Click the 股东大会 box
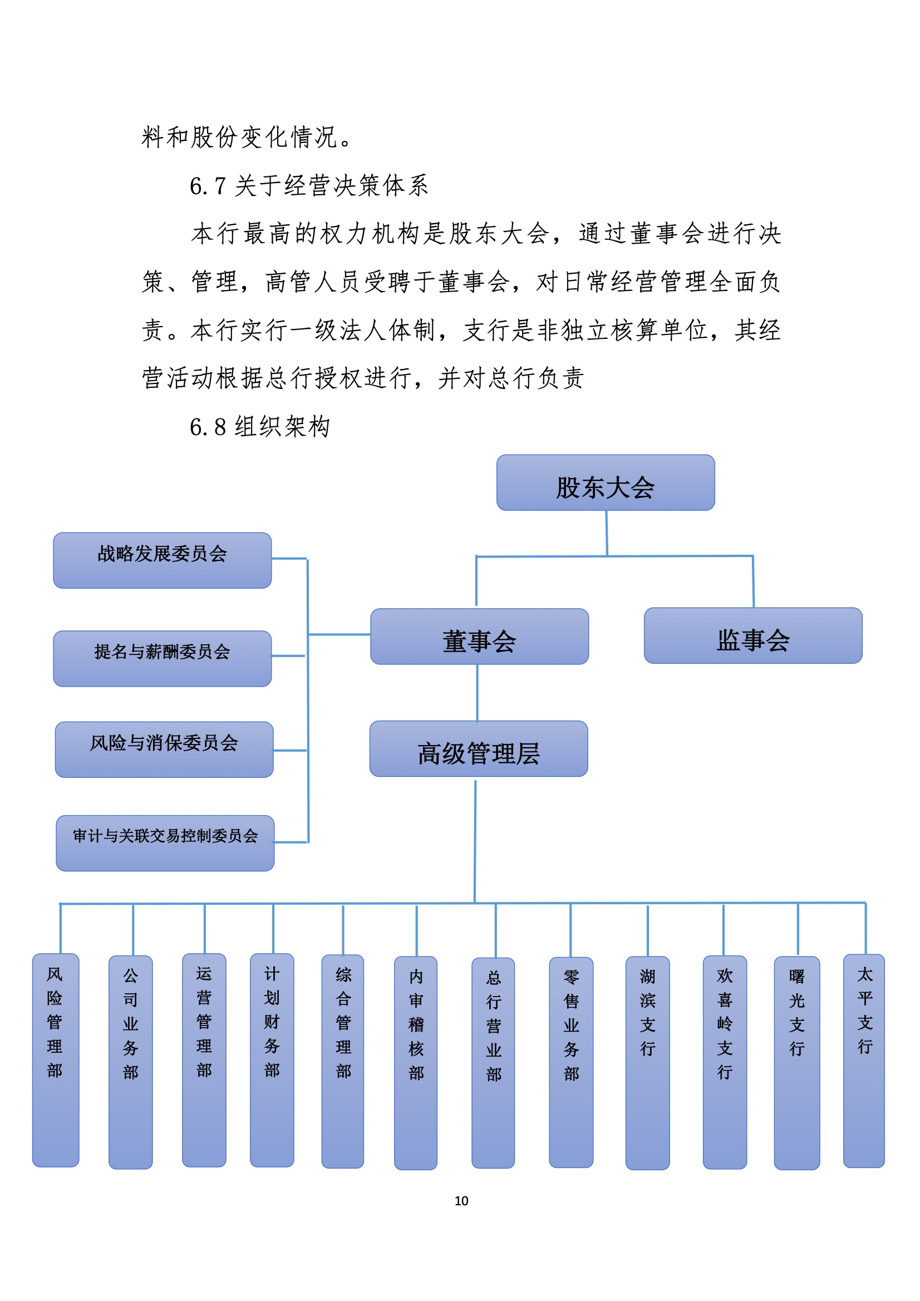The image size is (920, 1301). click(x=606, y=482)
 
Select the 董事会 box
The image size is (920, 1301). click(x=480, y=637)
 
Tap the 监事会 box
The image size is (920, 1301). click(x=753, y=635)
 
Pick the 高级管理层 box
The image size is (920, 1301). click(x=479, y=748)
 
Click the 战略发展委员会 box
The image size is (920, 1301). click(x=162, y=560)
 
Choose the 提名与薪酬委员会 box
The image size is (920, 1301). click(x=162, y=658)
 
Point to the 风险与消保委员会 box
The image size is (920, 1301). click(x=164, y=749)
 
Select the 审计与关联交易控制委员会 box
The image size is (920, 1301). click(x=165, y=843)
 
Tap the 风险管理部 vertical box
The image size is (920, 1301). click(x=56, y=1060)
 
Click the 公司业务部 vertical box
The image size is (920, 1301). click(x=130, y=1062)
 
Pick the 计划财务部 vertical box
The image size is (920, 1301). click(x=272, y=1060)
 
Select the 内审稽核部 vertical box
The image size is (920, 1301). click(x=416, y=1063)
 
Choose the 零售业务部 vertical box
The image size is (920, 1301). click(x=571, y=1062)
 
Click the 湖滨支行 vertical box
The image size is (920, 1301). click(x=647, y=1063)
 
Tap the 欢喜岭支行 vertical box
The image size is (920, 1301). click(x=725, y=1062)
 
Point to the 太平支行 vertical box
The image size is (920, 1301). click(x=864, y=1061)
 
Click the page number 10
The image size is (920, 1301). click(x=461, y=1201)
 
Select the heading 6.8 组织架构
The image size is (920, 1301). click(x=259, y=427)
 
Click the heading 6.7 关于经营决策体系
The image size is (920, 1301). click(x=309, y=185)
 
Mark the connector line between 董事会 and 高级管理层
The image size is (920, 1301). click(x=478, y=692)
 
